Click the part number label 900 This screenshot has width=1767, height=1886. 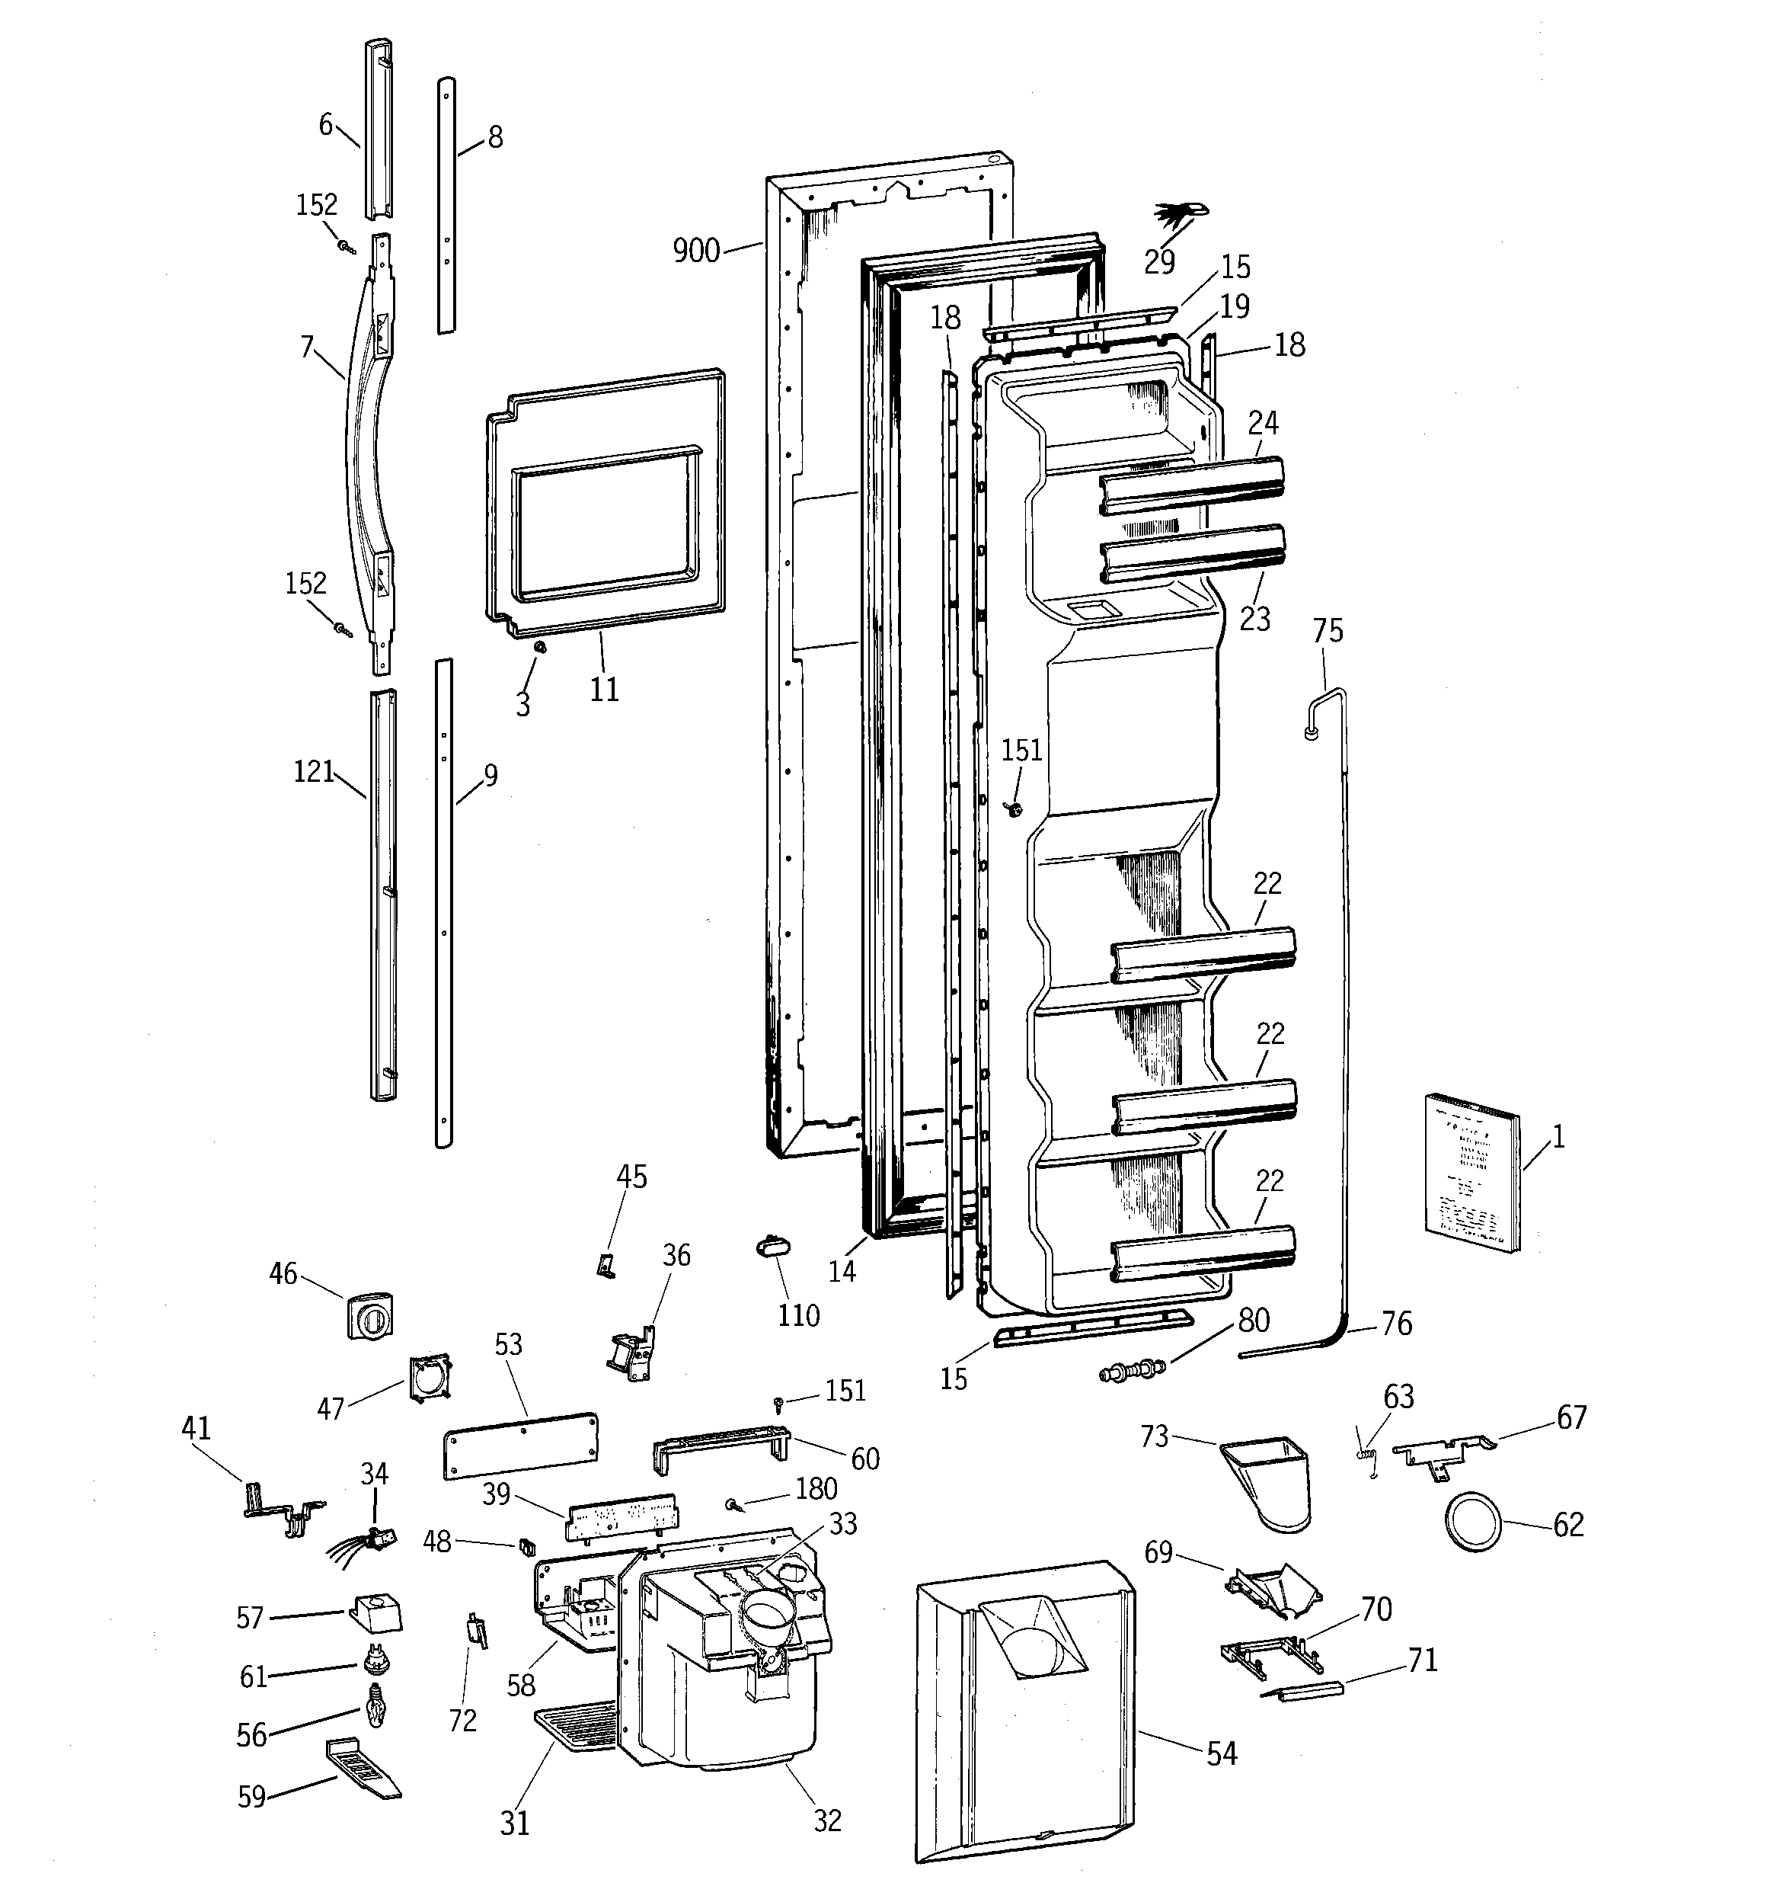(x=695, y=251)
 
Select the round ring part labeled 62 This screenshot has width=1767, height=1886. (x=1473, y=1523)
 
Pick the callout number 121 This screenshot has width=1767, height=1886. (x=314, y=771)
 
